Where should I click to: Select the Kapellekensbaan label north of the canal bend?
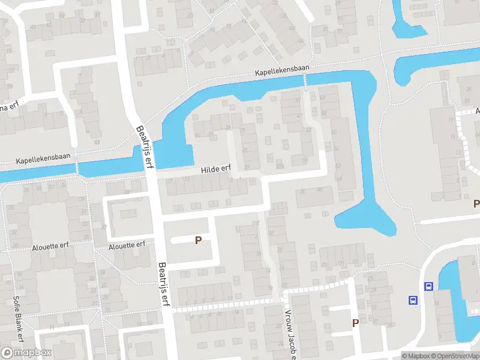tap(282, 70)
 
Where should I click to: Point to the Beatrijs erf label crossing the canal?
tap(145, 147)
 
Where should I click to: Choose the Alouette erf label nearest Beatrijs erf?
tap(127, 245)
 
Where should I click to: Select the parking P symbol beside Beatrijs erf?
tap(197, 240)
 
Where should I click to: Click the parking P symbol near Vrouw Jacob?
tap(355, 323)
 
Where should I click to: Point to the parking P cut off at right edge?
tap(476, 203)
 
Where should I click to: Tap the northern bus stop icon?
tap(428, 287)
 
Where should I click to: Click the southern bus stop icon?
tap(413, 300)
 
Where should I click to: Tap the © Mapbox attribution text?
tap(416, 356)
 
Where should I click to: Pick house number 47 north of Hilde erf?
tap(299, 116)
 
